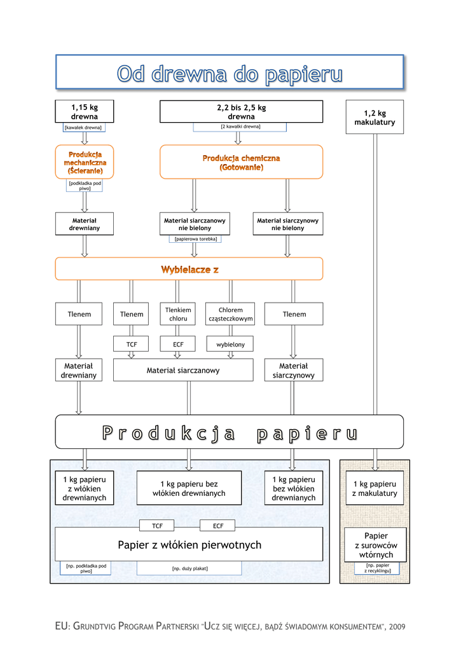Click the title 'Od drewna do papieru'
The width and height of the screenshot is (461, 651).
click(230, 74)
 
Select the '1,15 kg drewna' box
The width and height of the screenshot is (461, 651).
click(85, 111)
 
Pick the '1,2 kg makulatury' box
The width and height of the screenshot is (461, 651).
click(375, 117)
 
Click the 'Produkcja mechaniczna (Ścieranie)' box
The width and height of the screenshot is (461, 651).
click(85, 162)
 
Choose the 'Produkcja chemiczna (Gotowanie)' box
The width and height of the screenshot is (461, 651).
click(241, 162)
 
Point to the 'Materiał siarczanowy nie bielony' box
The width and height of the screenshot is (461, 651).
click(195, 224)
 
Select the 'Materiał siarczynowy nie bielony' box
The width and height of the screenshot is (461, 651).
click(287, 224)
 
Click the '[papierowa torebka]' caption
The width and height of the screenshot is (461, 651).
click(195, 239)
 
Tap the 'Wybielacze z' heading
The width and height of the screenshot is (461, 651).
click(189, 270)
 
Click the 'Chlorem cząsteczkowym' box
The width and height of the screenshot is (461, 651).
click(230, 314)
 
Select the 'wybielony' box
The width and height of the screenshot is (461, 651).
click(230, 344)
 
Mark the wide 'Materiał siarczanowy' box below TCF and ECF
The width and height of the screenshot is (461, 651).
click(183, 370)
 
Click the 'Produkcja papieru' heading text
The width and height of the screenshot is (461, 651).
click(230, 434)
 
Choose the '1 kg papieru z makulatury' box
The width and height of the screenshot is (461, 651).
click(375, 488)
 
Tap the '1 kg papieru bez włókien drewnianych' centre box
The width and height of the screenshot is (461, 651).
click(189, 488)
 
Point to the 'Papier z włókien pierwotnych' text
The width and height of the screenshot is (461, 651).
click(189, 545)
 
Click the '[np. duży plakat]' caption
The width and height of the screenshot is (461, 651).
click(189, 568)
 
